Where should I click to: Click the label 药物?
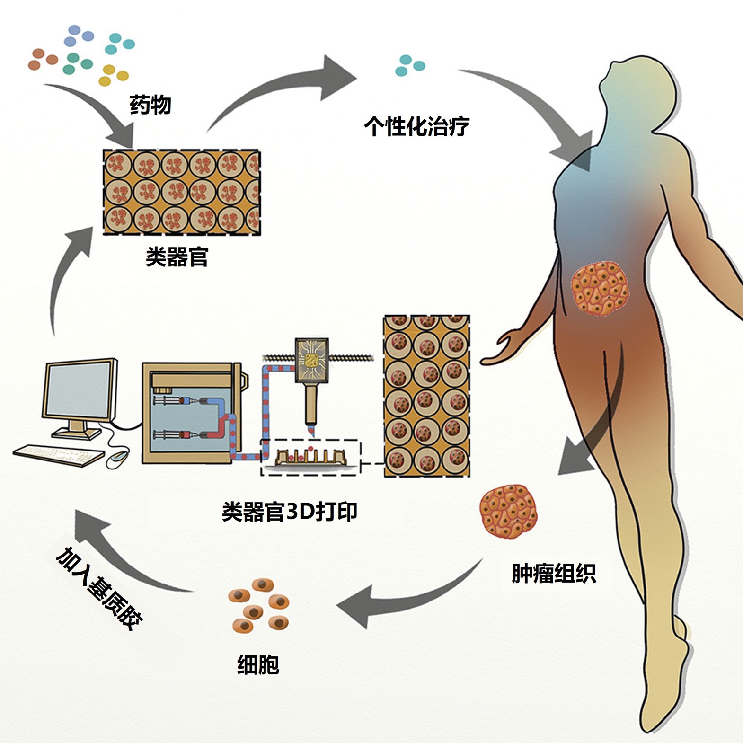(x=150, y=105)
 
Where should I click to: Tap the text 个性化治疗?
(x=416, y=126)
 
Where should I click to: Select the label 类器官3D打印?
(x=289, y=512)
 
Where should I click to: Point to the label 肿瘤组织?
(x=554, y=574)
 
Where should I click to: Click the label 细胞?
(x=258, y=664)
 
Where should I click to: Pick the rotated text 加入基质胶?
(x=99, y=589)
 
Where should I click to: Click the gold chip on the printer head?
(x=311, y=361)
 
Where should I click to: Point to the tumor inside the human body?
(x=600, y=289)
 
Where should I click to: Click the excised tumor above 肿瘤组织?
(x=508, y=512)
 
